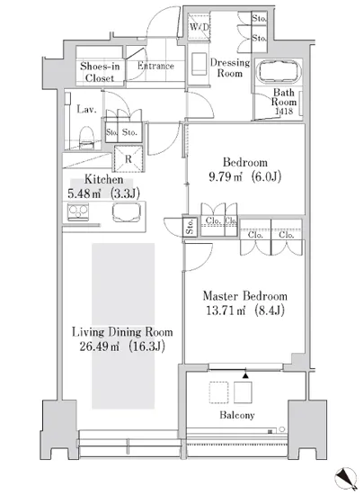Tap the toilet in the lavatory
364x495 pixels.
tap(86, 138)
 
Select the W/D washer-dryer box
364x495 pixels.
tap(199, 27)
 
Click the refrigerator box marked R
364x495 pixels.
tap(129, 158)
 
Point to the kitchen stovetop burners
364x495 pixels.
tap(78, 211)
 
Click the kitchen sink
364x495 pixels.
tap(127, 212)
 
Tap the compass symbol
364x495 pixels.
tap(346, 479)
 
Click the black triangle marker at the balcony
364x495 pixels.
tap(245, 375)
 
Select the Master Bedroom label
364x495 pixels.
tap(244, 296)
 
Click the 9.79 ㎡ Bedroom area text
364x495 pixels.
tap(226, 176)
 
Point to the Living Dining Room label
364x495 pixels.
tap(122, 332)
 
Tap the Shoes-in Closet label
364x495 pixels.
tap(100, 72)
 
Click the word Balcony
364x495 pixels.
tap(237, 415)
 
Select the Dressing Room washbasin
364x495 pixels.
tap(199, 65)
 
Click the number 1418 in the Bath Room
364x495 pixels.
tap(284, 111)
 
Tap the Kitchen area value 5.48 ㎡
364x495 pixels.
tap(84, 193)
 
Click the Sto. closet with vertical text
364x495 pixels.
tap(190, 227)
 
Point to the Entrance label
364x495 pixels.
tap(155, 66)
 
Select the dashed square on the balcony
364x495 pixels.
tap(218, 392)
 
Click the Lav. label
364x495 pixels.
tap(86, 110)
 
